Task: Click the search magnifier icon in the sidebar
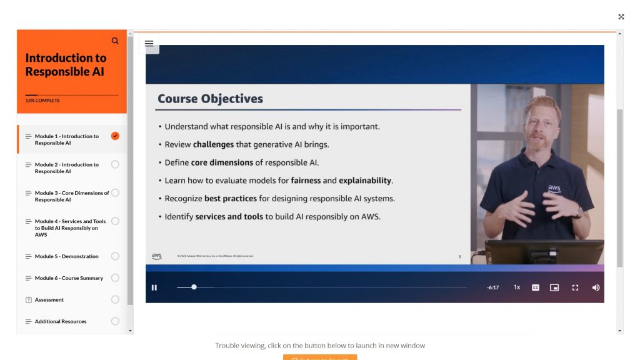[x=115, y=41]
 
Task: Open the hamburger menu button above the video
[x=149, y=44]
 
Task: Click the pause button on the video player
[x=154, y=287]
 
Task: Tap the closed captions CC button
[x=536, y=287]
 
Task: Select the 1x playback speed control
[x=517, y=287]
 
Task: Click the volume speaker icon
[x=596, y=287]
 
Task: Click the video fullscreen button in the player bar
[x=575, y=287]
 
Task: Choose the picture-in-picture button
[x=554, y=287]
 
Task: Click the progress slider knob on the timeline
[x=194, y=287]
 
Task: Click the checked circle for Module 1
[x=115, y=136]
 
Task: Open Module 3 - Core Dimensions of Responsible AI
[x=71, y=196]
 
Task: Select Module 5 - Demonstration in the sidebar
[x=66, y=256]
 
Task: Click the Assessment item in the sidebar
[x=49, y=300]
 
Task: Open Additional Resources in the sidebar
[x=61, y=322]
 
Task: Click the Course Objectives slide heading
[x=210, y=99]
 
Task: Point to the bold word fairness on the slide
[x=306, y=181]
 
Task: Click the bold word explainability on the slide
[x=365, y=181]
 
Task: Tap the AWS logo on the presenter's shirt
[x=554, y=188]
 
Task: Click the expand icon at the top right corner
[x=621, y=17]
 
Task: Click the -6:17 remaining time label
[x=492, y=287]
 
